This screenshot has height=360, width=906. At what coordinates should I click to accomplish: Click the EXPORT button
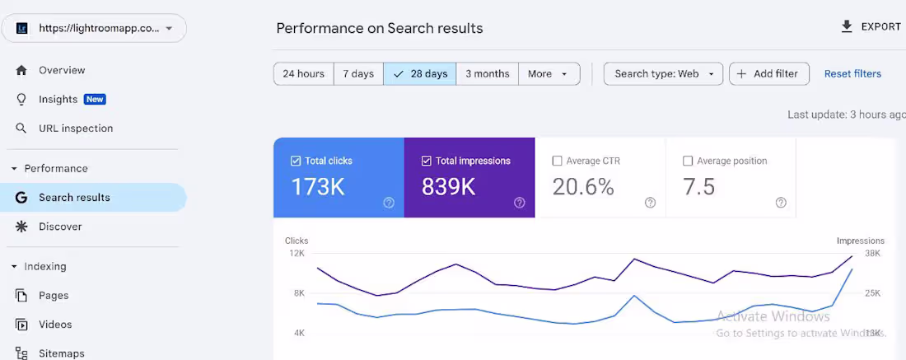(x=871, y=27)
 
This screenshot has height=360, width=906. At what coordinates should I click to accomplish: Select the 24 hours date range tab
(x=303, y=74)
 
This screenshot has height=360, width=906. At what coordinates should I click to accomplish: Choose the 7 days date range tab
(x=358, y=74)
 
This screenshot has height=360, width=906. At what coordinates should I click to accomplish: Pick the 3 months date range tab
(x=487, y=74)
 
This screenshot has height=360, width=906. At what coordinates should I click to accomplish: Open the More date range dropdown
(x=549, y=74)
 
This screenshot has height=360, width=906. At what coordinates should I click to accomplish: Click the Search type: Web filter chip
(x=663, y=74)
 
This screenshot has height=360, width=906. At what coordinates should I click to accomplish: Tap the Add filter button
(x=768, y=74)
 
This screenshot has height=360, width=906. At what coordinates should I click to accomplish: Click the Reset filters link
(x=852, y=74)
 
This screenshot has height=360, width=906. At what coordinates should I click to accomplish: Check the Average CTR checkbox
(x=558, y=161)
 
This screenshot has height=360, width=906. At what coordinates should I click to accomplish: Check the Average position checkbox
(x=688, y=161)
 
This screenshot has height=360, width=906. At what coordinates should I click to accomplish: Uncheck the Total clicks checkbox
(x=296, y=161)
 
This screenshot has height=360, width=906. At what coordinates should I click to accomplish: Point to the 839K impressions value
(x=449, y=188)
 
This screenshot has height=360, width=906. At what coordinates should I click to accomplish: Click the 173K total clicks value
(x=318, y=188)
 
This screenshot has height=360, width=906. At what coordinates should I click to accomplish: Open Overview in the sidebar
(x=62, y=71)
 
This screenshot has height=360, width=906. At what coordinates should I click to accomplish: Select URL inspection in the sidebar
(x=76, y=129)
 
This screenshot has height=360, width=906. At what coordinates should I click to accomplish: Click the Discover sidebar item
(x=60, y=227)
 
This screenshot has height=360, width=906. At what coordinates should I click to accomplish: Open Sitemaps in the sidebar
(x=62, y=353)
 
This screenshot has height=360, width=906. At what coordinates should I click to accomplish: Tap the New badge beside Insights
(x=95, y=100)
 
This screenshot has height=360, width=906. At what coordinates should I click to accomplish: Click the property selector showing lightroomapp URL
(x=94, y=28)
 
